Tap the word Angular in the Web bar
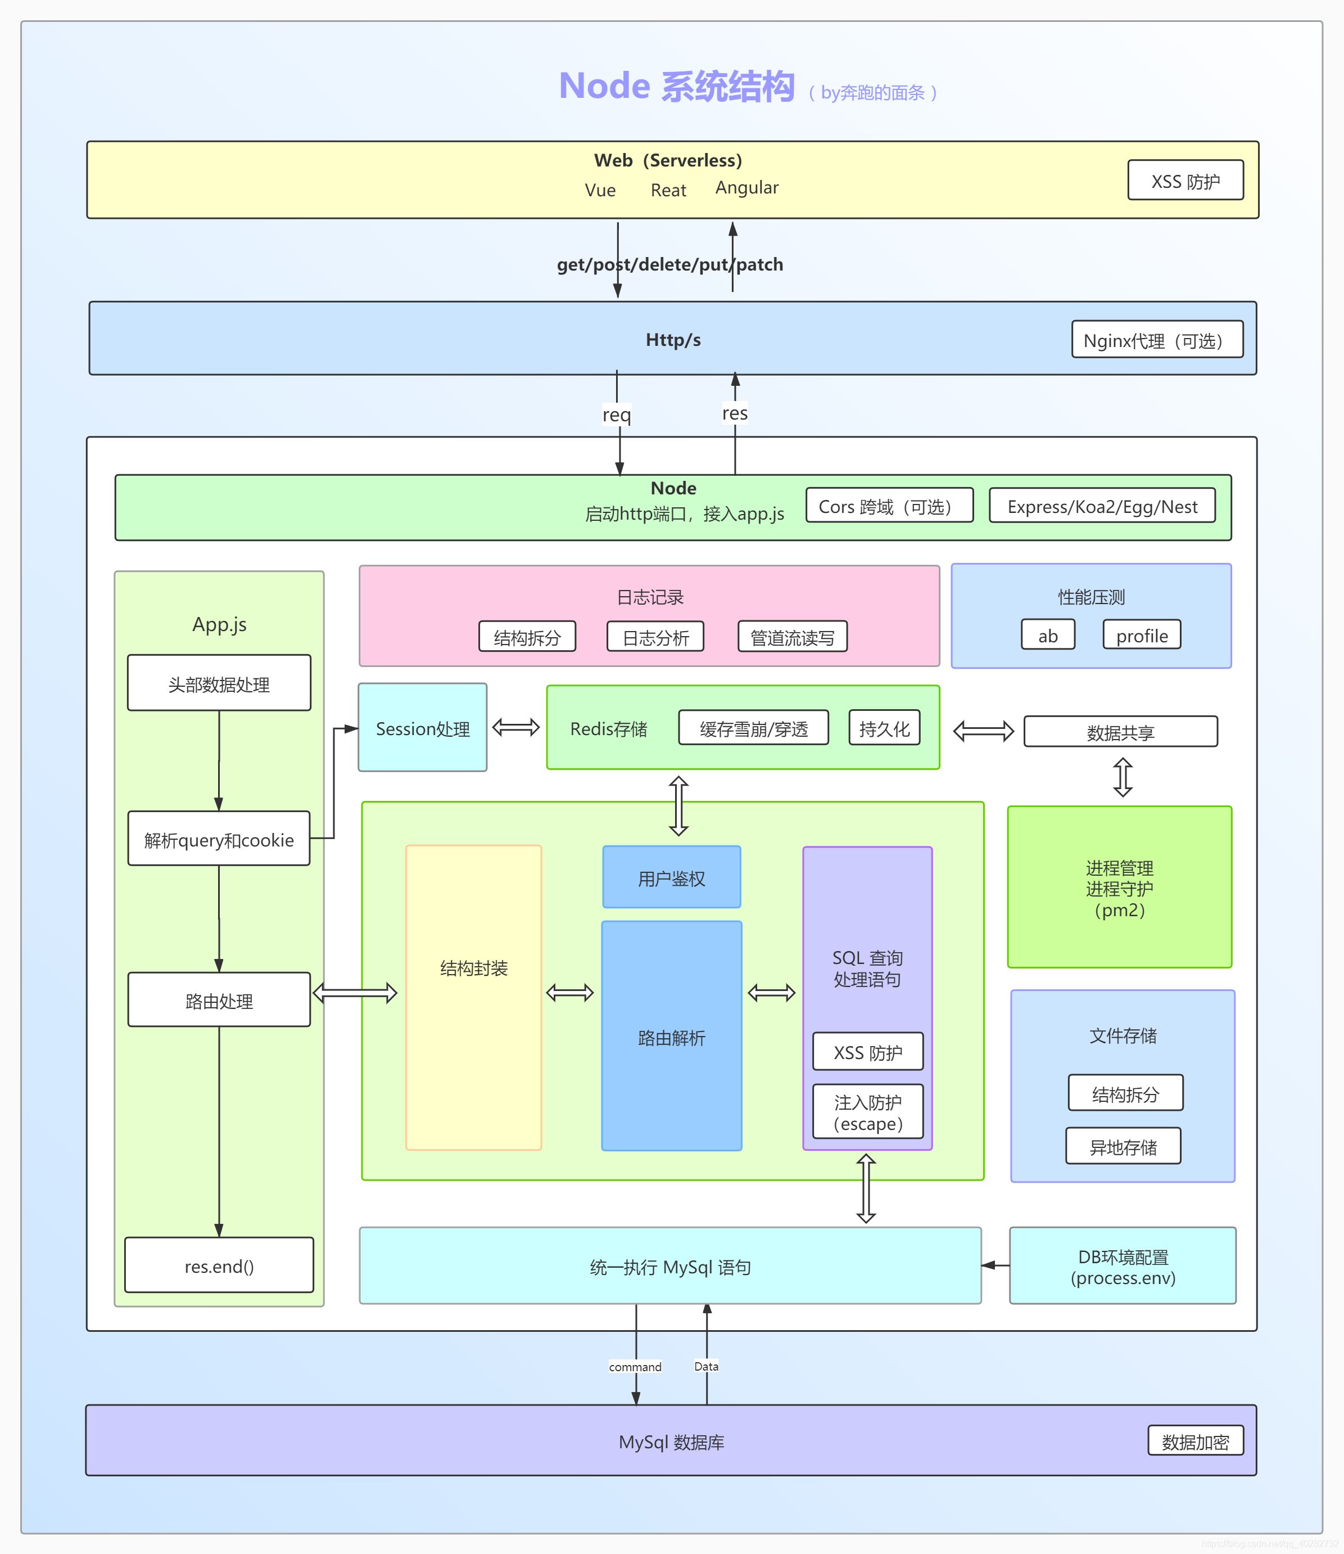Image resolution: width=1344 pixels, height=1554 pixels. click(746, 188)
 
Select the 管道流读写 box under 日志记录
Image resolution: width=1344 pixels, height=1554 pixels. click(792, 637)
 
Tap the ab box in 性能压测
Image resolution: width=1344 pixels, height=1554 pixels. click(1047, 635)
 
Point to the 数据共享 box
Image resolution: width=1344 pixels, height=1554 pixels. click(1120, 732)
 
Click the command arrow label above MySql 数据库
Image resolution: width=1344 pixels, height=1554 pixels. click(635, 1366)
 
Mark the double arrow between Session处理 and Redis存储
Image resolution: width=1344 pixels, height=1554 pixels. click(516, 727)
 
